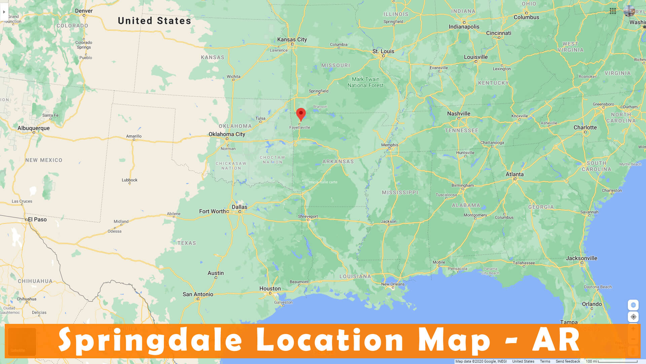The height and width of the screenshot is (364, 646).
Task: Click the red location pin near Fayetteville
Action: point(301,114)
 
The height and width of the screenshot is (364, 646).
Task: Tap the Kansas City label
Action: point(292,39)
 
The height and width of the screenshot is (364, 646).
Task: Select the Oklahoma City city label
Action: point(227,134)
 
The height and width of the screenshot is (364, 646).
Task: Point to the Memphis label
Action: point(390,145)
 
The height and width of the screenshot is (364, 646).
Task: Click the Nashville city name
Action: point(459,114)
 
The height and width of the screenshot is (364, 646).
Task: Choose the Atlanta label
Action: point(514,174)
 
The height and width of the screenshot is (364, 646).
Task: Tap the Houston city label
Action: point(270,289)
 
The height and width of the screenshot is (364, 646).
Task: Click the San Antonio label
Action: point(198,294)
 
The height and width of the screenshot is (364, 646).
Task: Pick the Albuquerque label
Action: point(34,128)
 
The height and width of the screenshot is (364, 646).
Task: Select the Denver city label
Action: point(84,11)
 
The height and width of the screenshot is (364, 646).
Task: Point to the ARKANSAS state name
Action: point(338,161)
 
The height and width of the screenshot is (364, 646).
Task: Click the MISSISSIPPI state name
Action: point(400,192)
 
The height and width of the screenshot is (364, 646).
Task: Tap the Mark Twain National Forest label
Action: point(365,82)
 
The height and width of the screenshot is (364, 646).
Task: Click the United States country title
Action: point(154,21)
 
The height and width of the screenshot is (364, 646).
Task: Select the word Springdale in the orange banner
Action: point(150,340)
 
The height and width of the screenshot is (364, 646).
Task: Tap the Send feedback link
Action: point(568,361)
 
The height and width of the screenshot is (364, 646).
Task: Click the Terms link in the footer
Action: point(545,361)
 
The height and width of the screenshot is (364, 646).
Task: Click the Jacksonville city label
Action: point(581,258)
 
